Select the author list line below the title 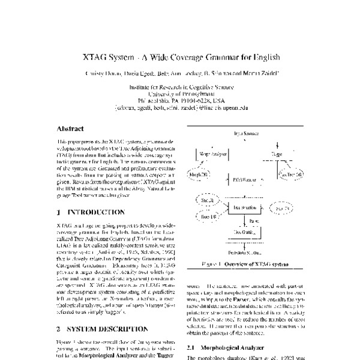[x=180, y=73]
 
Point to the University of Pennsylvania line [x=181, y=94]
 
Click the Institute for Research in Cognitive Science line [x=181, y=86]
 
